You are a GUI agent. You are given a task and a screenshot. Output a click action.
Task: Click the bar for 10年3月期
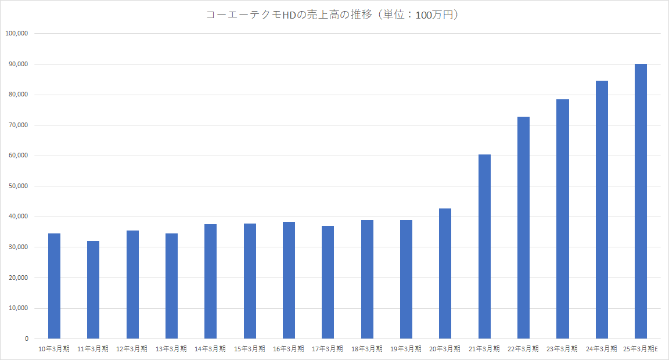(54, 286)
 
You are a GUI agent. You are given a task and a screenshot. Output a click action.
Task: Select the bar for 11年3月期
(93, 290)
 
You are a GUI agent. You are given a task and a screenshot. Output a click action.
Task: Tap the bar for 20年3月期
(445, 273)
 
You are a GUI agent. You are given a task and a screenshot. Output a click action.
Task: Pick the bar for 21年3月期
(484, 246)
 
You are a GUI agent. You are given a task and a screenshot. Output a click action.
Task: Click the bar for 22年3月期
(523, 228)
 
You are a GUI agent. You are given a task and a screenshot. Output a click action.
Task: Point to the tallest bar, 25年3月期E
(641, 201)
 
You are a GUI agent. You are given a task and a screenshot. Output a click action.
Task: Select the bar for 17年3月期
(328, 282)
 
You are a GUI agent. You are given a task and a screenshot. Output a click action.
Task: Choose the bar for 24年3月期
(602, 210)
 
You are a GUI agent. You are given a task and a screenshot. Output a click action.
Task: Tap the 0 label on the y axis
(26, 339)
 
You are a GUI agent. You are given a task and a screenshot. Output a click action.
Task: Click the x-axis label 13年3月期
(171, 349)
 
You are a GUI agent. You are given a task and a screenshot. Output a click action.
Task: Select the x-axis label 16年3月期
(289, 349)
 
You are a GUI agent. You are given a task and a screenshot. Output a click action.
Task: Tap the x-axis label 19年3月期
(406, 349)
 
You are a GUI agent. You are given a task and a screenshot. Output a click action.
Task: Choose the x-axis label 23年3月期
(562, 349)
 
